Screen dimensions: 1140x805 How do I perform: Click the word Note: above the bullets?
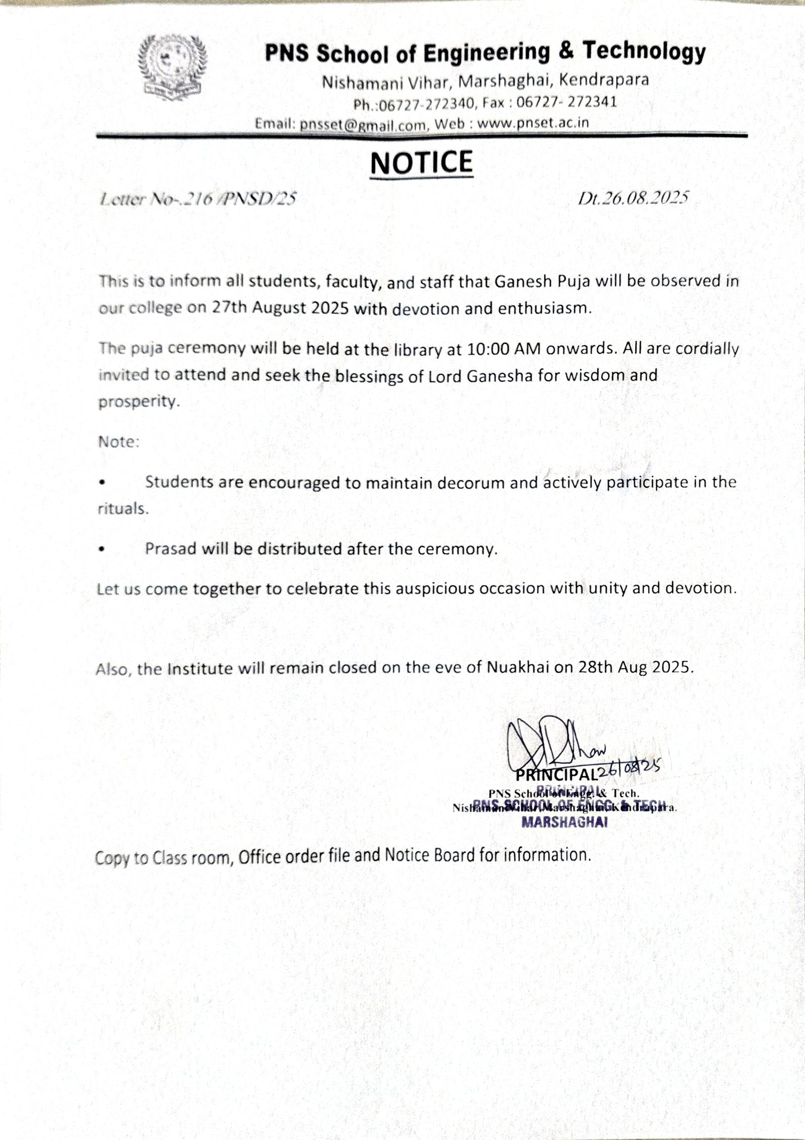tap(118, 442)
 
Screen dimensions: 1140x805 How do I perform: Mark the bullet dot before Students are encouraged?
tap(102, 482)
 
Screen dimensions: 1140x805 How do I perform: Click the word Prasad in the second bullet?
tap(171, 549)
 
